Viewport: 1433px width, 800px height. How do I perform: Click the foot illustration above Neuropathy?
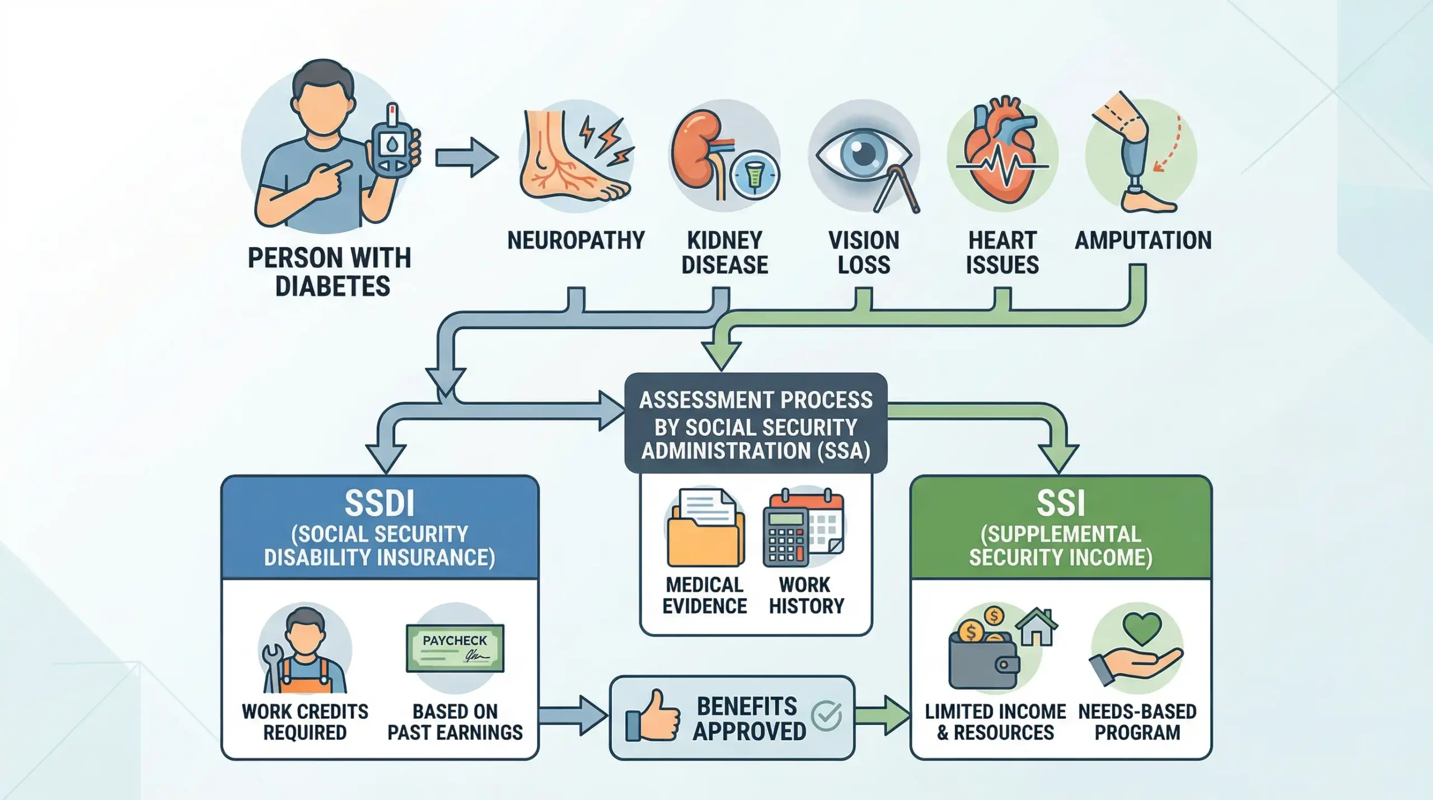[x=565, y=160]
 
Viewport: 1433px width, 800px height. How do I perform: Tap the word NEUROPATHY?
[x=575, y=241]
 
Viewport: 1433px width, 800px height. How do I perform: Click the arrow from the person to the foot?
[x=466, y=157]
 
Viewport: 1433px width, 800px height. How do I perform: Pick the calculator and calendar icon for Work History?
[x=803, y=529]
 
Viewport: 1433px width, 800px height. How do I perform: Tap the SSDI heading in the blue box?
[x=380, y=503]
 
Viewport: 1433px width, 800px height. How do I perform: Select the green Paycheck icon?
[x=455, y=648]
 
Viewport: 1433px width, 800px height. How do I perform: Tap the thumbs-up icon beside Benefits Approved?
[x=653, y=717]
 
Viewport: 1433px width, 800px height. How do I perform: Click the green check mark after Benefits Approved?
[x=826, y=715]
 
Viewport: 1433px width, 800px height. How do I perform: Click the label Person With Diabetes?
[x=330, y=272]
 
